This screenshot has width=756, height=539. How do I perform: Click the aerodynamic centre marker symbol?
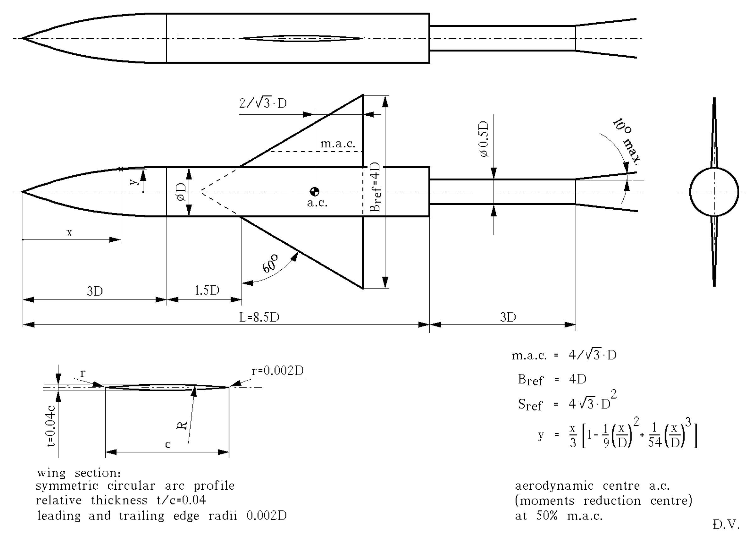click(x=314, y=191)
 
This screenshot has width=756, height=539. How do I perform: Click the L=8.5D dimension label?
click(x=259, y=317)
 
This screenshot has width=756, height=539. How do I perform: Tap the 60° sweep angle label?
click(x=270, y=263)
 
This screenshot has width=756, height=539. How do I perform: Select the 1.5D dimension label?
click(x=207, y=290)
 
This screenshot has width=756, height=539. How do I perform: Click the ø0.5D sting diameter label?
click(x=484, y=140)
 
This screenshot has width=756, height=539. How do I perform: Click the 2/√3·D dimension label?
click(x=263, y=103)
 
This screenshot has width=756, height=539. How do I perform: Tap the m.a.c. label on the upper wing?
click(x=338, y=144)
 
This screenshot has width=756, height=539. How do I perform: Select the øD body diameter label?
click(x=181, y=192)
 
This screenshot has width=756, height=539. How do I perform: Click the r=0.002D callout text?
click(x=278, y=371)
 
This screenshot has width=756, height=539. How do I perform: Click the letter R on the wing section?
click(x=182, y=426)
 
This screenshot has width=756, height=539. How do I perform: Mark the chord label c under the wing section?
click(x=168, y=444)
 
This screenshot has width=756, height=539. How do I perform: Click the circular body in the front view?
click(x=714, y=192)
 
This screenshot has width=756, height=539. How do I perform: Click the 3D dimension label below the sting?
click(x=508, y=317)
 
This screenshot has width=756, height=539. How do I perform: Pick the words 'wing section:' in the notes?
click(x=79, y=473)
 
